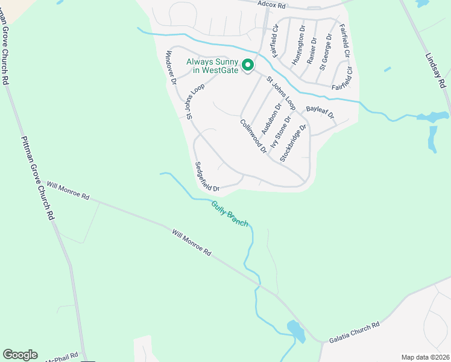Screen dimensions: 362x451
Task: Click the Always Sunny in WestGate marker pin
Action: (247, 65)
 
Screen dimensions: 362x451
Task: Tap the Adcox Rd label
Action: (270, 4)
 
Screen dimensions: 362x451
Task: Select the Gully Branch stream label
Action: (230, 214)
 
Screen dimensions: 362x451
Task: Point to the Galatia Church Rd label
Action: (354, 332)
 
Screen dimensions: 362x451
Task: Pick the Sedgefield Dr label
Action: (207, 176)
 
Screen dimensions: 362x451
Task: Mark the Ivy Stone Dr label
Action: (281, 132)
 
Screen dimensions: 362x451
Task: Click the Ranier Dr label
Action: (312, 51)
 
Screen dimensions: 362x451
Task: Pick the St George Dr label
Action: (326, 52)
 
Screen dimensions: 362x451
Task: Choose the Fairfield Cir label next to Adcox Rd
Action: (276, 40)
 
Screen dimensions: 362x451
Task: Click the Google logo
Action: (20, 355)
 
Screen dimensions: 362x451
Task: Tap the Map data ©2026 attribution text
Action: (424, 357)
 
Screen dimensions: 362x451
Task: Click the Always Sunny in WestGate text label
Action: (212, 66)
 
